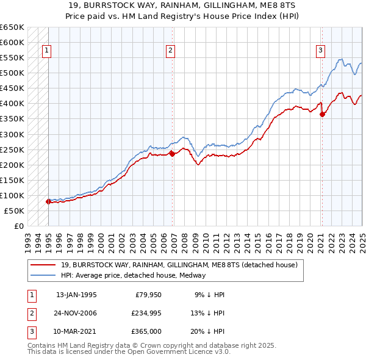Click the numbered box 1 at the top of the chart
(46, 51)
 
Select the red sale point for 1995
(48, 201)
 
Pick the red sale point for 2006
(172, 154)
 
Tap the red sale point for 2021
(322, 113)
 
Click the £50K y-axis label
(14, 211)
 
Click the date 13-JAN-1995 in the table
(76, 294)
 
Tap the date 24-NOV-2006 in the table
(76, 313)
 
